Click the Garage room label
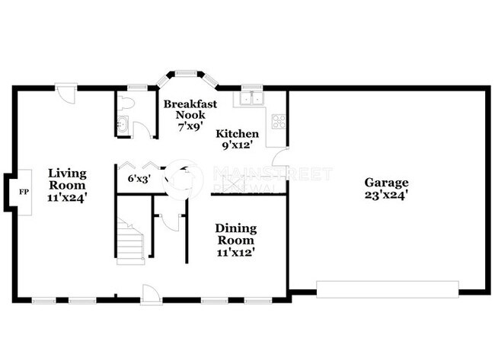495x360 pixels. coord(386,183)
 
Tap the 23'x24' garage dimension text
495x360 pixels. coord(386,195)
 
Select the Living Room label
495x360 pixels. coord(67,179)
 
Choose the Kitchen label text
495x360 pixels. coord(237,134)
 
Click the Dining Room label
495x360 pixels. coord(235,234)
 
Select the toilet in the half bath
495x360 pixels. coord(127,102)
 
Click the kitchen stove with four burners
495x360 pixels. coord(279,120)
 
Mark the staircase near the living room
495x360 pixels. coord(131,240)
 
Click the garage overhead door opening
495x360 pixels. coord(387,290)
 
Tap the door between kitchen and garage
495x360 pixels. coord(281,161)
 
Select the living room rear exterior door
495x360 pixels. coord(66,93)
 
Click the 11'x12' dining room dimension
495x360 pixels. coord(235,252)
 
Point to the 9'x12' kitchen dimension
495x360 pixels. coord(237,145)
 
